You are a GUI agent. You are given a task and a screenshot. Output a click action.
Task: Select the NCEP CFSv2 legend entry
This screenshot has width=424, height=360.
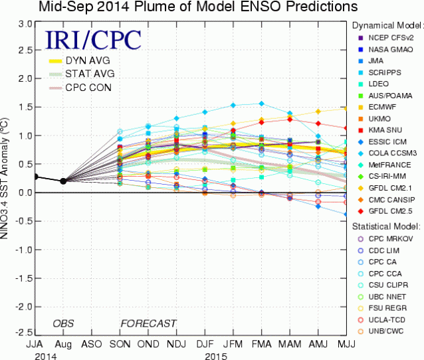pyautogui.click(x=387, y=37)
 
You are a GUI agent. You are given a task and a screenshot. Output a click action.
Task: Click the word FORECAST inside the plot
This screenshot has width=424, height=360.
pyautogui.click(x=148, y=323)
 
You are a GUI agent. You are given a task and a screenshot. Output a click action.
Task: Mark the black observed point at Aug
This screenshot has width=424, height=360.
pyautogui.click(x=63, y=181)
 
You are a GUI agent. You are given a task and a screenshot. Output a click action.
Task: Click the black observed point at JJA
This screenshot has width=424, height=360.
pyautogui.click(x=35, y=177)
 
